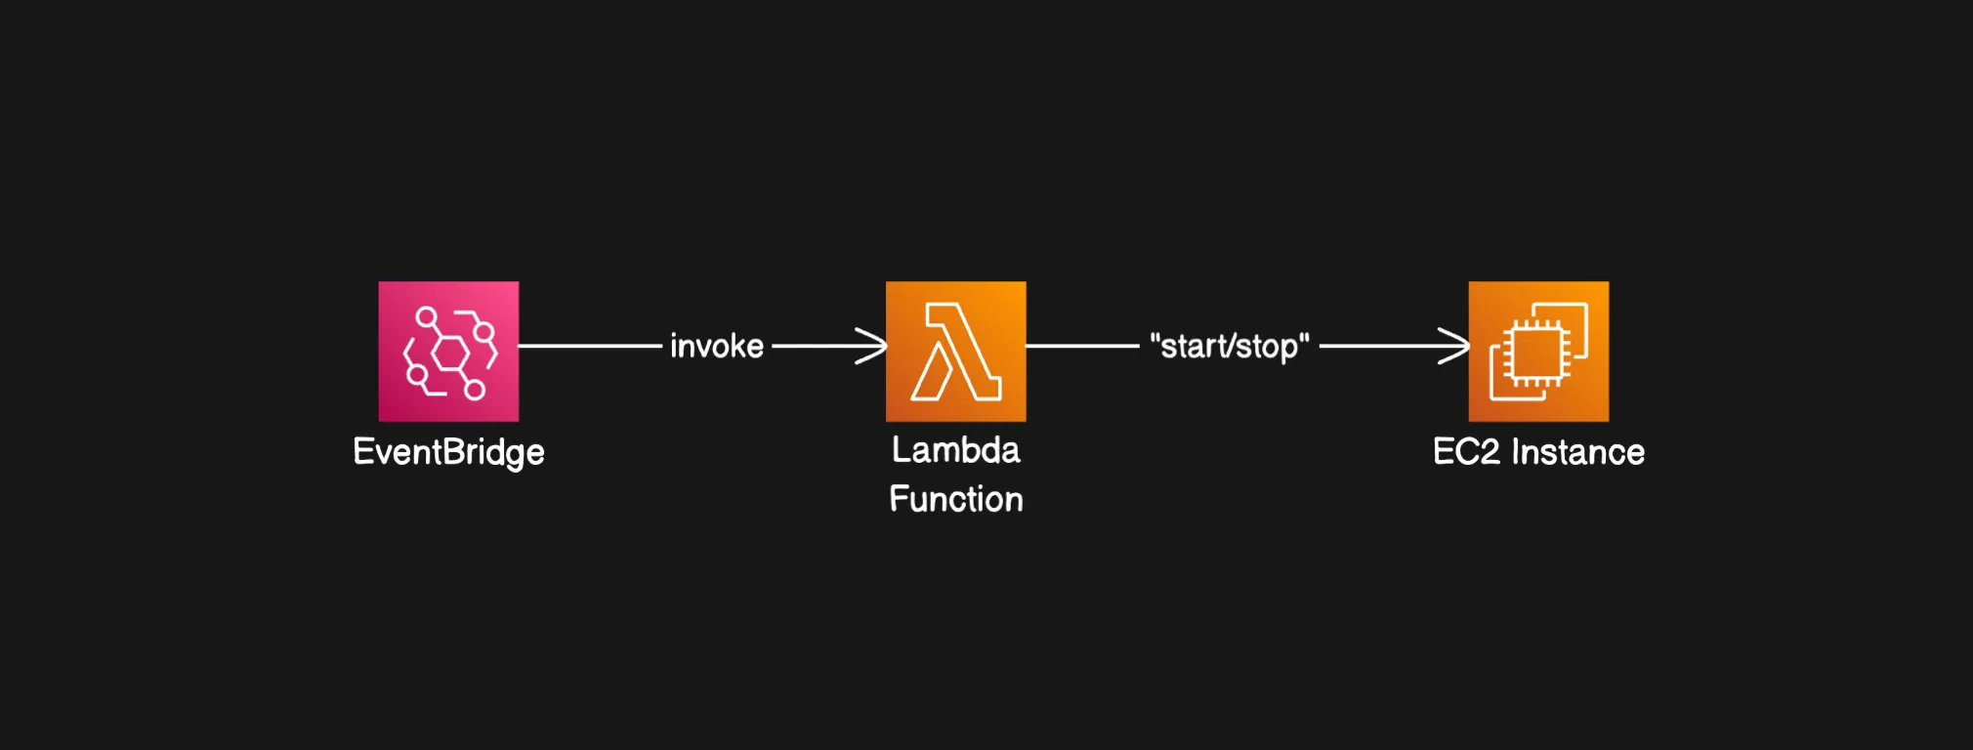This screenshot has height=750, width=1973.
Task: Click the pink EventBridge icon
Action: pos(448,352)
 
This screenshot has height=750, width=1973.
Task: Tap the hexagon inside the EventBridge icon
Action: pos(450,353)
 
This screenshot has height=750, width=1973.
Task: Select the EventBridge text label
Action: pos(448,452)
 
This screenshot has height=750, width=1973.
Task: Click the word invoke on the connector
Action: pos(717,346)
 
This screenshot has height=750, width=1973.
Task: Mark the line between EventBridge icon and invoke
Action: pos(590,346)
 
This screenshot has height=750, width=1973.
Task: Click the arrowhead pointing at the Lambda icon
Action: pos(874,346)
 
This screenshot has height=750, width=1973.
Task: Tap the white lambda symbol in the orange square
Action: pos(955,352)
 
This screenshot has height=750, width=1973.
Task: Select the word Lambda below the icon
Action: pos(956,450)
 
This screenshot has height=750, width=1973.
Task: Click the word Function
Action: pos(956,499)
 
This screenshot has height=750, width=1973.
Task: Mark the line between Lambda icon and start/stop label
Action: pos(1082,346)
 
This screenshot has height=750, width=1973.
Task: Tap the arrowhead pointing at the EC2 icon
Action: pos(1457,346)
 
